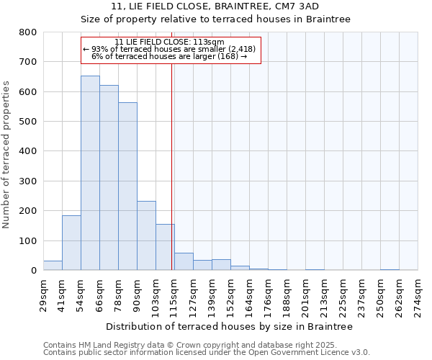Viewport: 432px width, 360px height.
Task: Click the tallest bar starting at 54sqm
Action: pos(90,173)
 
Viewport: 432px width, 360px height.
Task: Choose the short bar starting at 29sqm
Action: pos(53,265)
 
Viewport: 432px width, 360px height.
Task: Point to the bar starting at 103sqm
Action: pos(165,247)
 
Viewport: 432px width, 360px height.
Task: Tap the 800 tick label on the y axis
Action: pos(27,32)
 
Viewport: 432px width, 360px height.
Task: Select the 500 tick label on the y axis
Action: pos(27,122)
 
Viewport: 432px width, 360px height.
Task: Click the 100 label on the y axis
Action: pos(27,240)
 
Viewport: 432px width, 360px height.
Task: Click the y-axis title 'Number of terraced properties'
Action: pos(7,154)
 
